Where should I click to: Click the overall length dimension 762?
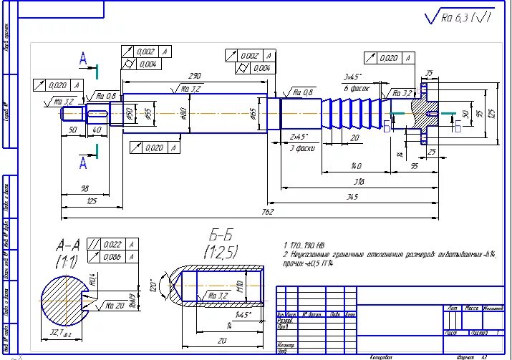click(266, 212)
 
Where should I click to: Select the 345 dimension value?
click(352, 195)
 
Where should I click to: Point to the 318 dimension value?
click(359, 182)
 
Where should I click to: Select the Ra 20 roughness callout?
click(115, 304)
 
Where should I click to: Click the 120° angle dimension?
click(153, 284)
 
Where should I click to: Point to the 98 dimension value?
click(84, 188)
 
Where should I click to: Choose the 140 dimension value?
click(355, 166)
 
